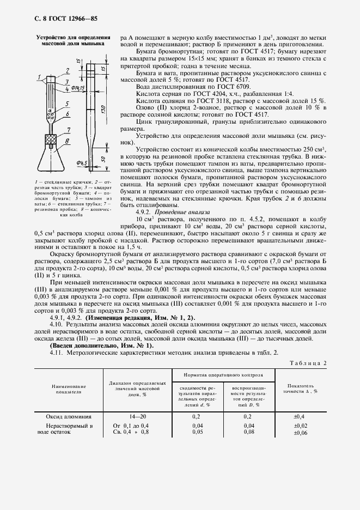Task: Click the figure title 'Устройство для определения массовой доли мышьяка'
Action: [69, 41]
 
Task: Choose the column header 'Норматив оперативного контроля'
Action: [223, 375]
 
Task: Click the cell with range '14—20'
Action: [138, 416]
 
